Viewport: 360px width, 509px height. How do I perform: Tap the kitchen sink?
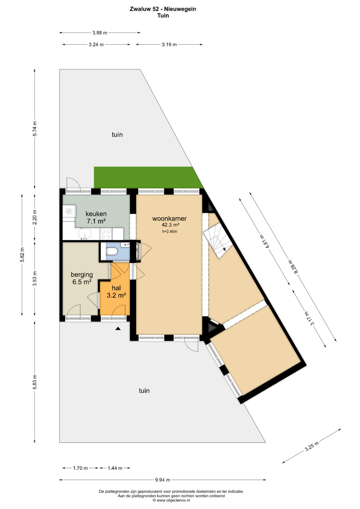pos(85,234)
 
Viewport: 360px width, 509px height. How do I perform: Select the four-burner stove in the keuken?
pos(106,234)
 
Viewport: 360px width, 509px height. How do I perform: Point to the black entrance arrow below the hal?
pos(118,328)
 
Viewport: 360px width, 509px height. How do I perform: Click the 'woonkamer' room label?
pos(169,219)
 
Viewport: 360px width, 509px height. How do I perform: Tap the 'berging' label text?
pos(82,275)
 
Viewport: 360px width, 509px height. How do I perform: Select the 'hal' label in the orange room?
pos(116,288)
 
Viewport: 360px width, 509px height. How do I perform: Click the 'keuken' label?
pos(96,214)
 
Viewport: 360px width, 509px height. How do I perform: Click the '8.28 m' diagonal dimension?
pos(293,267)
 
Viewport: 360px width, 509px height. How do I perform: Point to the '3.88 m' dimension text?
pos(100,33)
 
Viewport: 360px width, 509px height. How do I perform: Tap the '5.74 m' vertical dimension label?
pos(35,129)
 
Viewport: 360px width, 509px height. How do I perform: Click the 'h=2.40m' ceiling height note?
pos(170,232)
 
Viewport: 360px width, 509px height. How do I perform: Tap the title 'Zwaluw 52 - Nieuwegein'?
pos(163,9)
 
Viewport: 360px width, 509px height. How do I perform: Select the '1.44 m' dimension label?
pos(115,468)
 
